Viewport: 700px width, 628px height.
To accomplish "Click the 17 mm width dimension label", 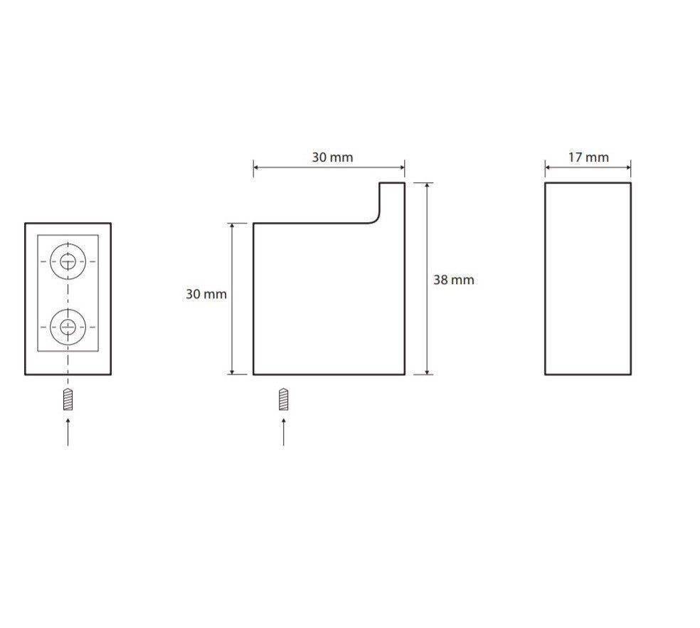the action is point(588,157).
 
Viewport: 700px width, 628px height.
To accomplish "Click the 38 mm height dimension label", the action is point(454,280).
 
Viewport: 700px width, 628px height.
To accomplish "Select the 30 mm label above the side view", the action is point(332,157).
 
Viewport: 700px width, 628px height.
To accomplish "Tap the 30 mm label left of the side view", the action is point(206,294).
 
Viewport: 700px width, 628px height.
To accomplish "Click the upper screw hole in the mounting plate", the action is point(68,261).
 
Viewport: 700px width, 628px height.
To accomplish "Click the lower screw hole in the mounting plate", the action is point(68,327).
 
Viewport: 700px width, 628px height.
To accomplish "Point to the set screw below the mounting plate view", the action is point(68,399).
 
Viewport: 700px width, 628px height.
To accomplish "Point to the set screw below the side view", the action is point(283,399).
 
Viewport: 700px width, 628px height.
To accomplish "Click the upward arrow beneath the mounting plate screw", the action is point(68,431).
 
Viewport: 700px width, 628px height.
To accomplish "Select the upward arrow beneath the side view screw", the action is point(283,431).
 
